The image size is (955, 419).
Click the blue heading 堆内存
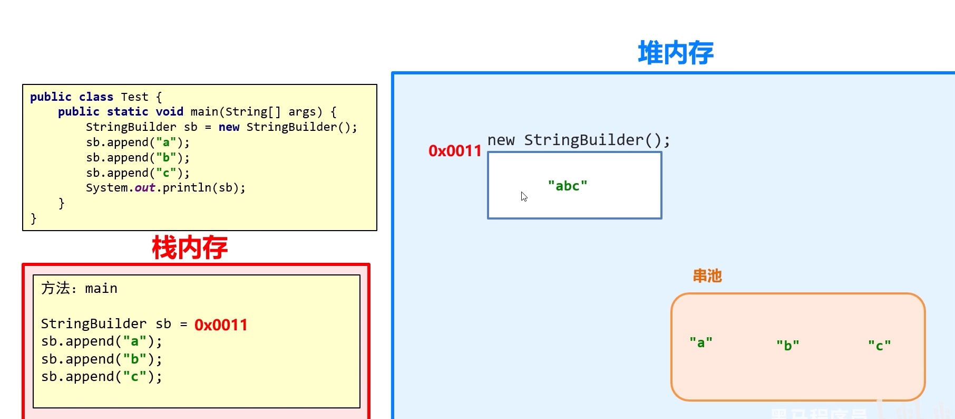(675, 53)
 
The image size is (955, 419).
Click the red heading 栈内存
(190, 247)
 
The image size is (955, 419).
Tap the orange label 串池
(707, 276)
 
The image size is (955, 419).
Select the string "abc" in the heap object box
(567, 186)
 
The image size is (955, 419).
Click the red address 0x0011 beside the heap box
(455, 151)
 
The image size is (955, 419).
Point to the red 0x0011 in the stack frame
(221, 325)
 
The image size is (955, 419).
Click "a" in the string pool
(701, 342)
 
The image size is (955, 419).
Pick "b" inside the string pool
(787, 345)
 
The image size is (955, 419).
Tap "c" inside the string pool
(879, 346)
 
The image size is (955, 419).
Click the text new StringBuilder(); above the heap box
(578, 140)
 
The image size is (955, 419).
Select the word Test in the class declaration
(134, 97)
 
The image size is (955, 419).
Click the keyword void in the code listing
(169, 112)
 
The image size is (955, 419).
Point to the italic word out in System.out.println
(144, 188)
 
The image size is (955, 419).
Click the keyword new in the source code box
(229, 127)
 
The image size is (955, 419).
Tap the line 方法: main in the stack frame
(79, 288)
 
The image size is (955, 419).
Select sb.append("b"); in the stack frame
(101, 359)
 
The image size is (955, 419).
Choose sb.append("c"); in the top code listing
(138, 173)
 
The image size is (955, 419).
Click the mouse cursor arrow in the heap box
(524, 196)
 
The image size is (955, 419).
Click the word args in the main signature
(302, 112)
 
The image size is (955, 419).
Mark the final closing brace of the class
(34, 218)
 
